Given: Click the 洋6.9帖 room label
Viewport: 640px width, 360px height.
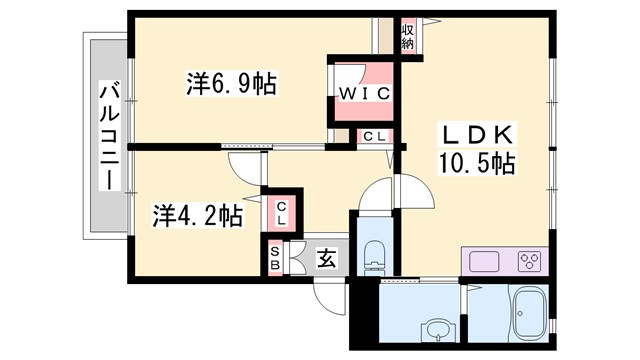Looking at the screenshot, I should [231, 83].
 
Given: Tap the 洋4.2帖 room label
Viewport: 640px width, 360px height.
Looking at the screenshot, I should [197, 215].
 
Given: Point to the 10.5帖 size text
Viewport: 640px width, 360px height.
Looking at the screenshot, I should [475, 163].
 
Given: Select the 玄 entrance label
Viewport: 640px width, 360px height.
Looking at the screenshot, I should [327, 258].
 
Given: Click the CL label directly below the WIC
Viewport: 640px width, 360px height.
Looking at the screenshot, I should [376, 136].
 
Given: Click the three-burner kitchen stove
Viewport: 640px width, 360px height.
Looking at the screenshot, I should [528, 262].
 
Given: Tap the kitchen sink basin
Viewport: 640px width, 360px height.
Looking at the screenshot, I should [485, 262].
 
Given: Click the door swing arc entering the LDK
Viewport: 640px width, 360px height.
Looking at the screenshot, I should [412, 185].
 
